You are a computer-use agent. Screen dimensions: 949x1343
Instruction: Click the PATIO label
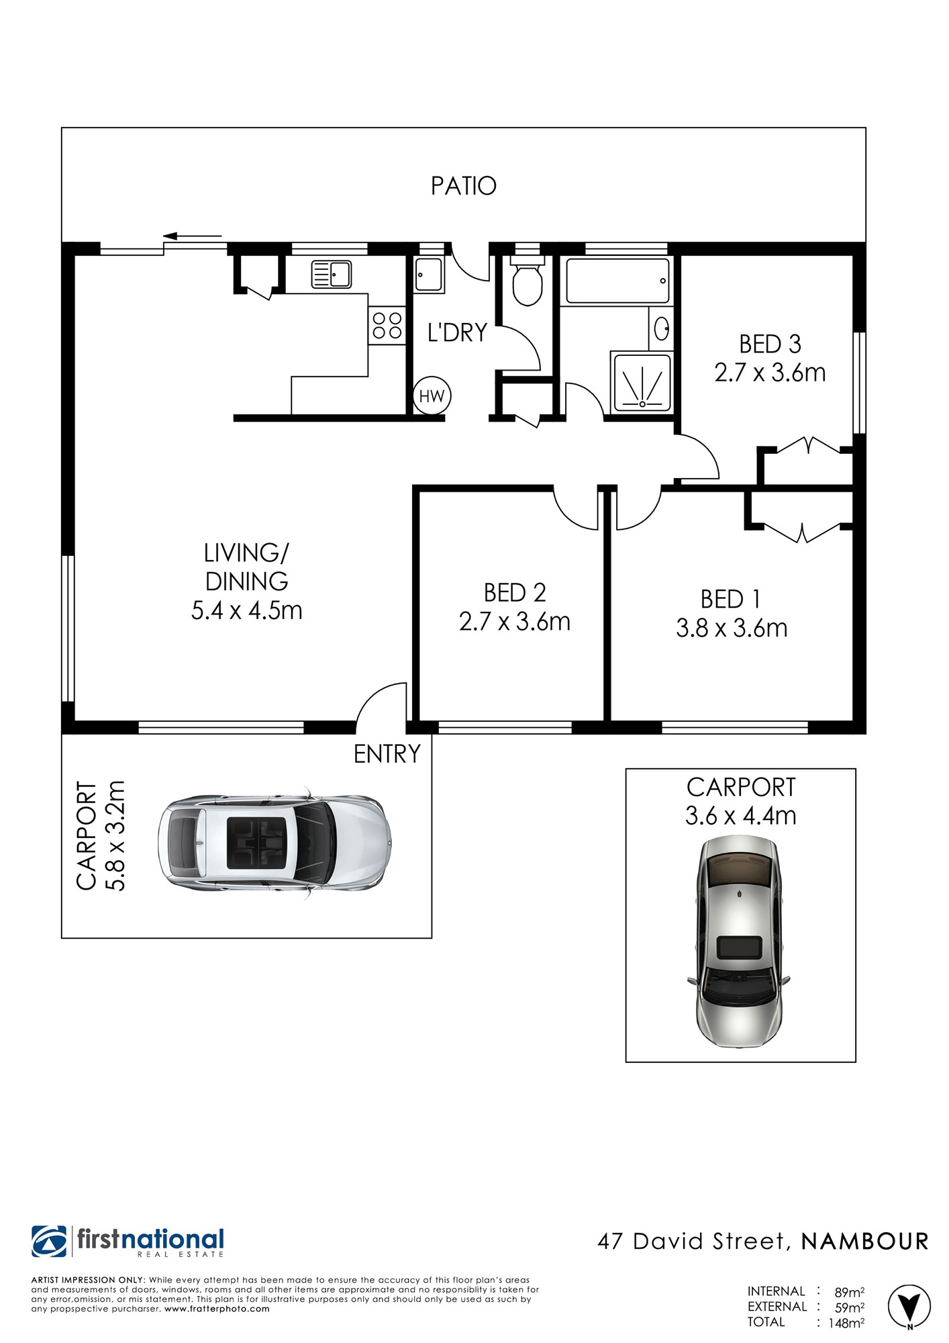463,186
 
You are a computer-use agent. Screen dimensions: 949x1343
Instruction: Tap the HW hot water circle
432,396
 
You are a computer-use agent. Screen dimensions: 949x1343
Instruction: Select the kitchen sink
331,275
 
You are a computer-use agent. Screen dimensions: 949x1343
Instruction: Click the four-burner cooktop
387,326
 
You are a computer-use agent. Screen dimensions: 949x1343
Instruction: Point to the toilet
527,281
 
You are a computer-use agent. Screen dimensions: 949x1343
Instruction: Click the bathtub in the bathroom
617,281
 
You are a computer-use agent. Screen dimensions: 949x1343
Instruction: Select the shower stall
642,382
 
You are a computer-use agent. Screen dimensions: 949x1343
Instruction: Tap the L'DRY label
457,332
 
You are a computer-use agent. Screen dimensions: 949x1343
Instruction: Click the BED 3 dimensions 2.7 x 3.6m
770,373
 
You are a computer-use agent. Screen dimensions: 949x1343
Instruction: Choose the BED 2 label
515,592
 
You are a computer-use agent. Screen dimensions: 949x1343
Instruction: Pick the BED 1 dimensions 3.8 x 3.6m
732,628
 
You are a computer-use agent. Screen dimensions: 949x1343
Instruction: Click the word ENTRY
387,754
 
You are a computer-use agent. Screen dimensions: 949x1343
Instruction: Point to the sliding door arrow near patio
193,236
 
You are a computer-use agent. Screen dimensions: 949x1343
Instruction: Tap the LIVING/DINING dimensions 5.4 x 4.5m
247,610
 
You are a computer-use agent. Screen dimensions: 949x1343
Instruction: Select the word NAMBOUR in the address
865,1242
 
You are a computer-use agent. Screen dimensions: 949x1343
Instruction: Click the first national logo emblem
49,1242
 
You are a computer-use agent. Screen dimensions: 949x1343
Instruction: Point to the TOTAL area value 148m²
846,1322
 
